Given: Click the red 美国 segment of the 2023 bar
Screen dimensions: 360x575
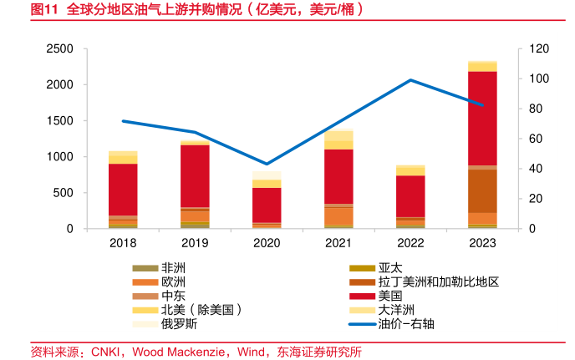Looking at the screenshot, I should click(482, 118).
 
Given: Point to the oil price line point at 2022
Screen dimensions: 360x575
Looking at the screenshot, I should click(410, 80).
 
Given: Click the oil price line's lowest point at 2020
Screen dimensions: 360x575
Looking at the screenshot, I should click(267, 164).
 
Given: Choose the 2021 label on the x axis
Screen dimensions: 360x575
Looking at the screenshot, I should click(338, 243).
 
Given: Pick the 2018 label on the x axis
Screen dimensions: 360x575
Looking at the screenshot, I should click(123, 243).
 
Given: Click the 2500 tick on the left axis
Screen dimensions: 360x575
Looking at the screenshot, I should click(59, 49).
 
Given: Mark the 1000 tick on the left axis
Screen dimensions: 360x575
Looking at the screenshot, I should click(59, 157).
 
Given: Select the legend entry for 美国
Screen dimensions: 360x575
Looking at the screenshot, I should click(389, 296).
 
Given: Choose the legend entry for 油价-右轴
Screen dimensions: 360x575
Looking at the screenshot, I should click(405, 323).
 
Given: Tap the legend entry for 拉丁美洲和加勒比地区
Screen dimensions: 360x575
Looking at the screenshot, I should click(438, 282).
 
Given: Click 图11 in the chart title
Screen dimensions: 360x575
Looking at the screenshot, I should click(45, 12).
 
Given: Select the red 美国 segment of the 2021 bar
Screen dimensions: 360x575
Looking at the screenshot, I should click(338, 175).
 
